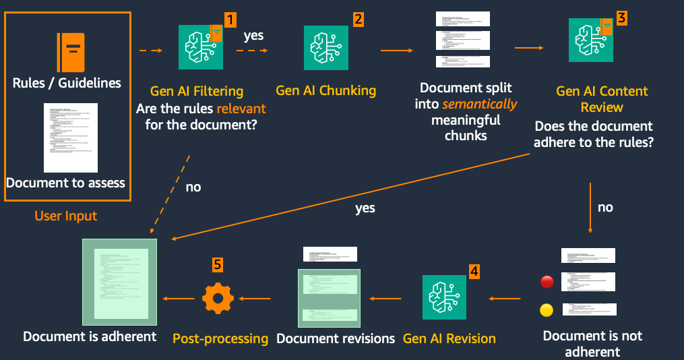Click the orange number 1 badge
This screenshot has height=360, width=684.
230,19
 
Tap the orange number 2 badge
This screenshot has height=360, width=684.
358,19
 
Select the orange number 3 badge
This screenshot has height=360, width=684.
621,18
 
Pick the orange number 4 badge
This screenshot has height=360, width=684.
474,271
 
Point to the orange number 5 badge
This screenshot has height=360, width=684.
217,264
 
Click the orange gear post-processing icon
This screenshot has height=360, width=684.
218,298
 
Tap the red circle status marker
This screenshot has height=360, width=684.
547,282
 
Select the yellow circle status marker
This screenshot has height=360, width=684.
547,311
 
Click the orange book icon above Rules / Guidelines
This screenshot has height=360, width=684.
71,52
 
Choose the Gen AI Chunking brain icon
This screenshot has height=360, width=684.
326,48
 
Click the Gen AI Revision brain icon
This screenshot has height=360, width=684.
445,297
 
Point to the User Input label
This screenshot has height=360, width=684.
66,216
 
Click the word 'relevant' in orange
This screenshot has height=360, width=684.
241,109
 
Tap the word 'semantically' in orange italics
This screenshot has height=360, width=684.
480,104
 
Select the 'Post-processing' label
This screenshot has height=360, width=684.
220,338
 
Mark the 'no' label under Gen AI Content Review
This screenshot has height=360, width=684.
605,207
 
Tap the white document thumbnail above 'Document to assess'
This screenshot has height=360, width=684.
71,138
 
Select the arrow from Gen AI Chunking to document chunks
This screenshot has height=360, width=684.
397,50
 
